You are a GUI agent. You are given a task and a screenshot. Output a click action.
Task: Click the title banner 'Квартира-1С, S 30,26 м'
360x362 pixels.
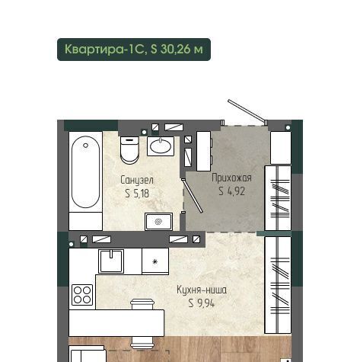pos(134,50)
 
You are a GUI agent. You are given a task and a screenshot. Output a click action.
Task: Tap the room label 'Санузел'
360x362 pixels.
pos(137,180)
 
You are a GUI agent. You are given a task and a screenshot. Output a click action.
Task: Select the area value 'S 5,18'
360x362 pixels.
pos(137,194)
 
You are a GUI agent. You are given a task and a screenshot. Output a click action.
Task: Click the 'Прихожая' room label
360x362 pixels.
pos(231,178)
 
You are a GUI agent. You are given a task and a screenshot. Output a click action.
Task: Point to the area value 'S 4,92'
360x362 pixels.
pos(232,191)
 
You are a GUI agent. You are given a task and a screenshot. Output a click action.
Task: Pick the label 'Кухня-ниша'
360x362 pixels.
pos(202,290)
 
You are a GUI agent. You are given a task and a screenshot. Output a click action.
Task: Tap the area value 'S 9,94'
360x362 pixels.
pos(202,303)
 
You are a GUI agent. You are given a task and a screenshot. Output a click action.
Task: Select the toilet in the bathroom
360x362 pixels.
pos(129,150)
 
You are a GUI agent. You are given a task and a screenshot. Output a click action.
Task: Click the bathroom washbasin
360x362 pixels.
pos(161,146)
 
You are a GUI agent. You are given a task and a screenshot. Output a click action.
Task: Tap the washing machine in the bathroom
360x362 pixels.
pos(158,222)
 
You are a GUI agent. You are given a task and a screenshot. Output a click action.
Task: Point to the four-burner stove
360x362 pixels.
pos(82,295)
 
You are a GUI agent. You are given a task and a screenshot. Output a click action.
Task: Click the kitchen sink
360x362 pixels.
pos(111,261)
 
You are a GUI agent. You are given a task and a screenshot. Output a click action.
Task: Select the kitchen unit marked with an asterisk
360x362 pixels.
pos(155,261)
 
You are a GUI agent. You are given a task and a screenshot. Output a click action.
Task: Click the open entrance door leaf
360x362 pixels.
pos(247,111)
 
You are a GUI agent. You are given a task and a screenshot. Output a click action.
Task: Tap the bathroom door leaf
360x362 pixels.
pos(192,196)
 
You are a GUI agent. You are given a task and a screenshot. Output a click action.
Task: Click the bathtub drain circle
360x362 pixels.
pos(86,146)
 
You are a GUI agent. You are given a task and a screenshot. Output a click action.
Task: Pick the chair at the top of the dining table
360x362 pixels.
pos(142,304)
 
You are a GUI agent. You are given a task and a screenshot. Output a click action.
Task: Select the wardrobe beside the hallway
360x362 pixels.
pos(278,198)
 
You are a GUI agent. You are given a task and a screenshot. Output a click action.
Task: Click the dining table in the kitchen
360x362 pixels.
pos(116,323)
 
